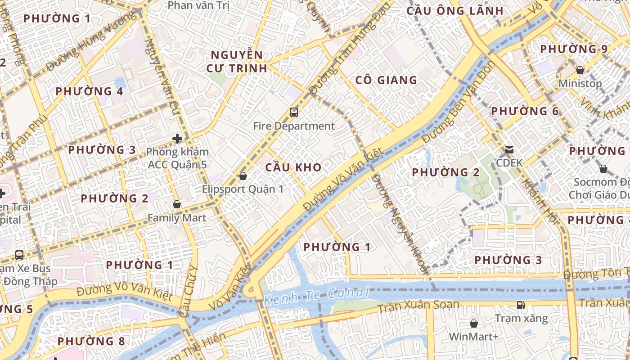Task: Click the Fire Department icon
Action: (294, 112)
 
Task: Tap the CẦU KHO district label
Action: (293, 167)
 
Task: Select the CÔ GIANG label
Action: (386, 80)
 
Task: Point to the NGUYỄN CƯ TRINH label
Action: (237, 62)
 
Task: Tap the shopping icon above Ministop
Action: (580, 70)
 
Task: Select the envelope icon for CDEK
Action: (509, 149)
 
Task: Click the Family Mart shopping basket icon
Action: (177, 204)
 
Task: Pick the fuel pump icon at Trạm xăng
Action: (521, 305)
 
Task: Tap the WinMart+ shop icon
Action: (474, 323)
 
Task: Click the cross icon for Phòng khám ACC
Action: (178, 138)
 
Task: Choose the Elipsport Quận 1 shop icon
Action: (243, 175)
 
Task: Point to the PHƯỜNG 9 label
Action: (574, 49)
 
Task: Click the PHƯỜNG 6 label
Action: (525, 111)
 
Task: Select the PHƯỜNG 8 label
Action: (91, 341)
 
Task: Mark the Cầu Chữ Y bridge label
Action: (189, 292)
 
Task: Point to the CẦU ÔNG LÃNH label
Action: (455, 11)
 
